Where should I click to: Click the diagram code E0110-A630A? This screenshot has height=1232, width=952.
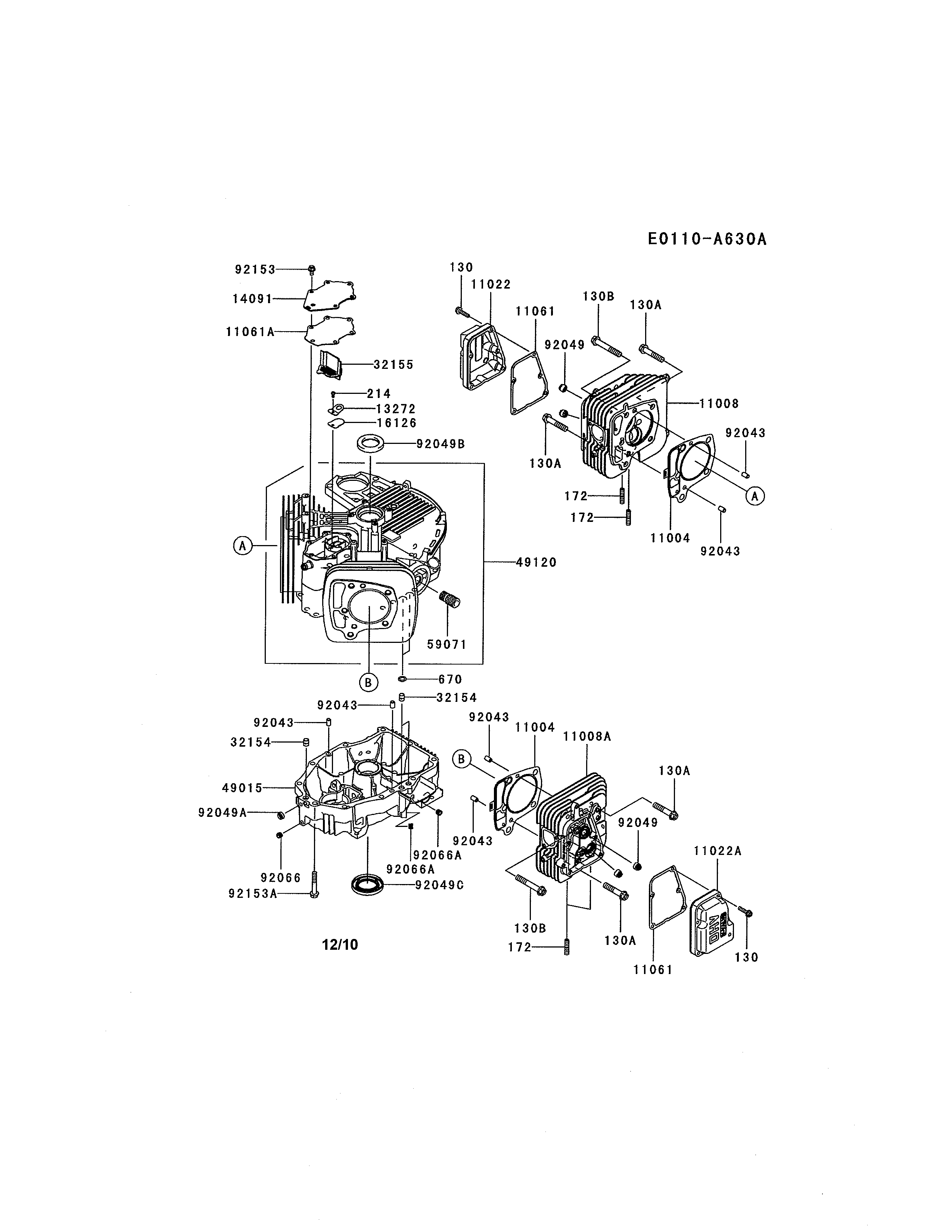point(707,239)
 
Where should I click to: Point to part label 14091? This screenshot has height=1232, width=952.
point(252,299)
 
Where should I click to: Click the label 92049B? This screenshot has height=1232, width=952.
point(441,444)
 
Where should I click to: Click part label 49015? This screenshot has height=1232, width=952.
point(243,788)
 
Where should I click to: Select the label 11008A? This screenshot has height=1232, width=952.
point(587,737)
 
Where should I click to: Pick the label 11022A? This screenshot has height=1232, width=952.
point(718,851)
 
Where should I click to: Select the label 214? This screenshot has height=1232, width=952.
point(379,394)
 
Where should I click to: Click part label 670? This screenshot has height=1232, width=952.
point(450,680)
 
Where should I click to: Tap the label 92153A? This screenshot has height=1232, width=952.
point(253,893)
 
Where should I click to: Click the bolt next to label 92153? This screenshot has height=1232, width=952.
point(311,270)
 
